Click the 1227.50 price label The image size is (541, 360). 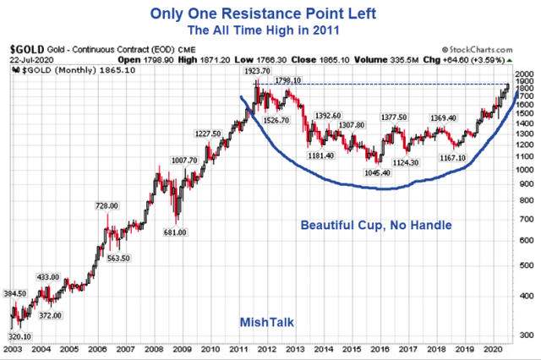pos(209,134)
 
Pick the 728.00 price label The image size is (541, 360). pos(106,205)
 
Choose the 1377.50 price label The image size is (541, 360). pos(394,117)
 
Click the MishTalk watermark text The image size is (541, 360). pos(264,320)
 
